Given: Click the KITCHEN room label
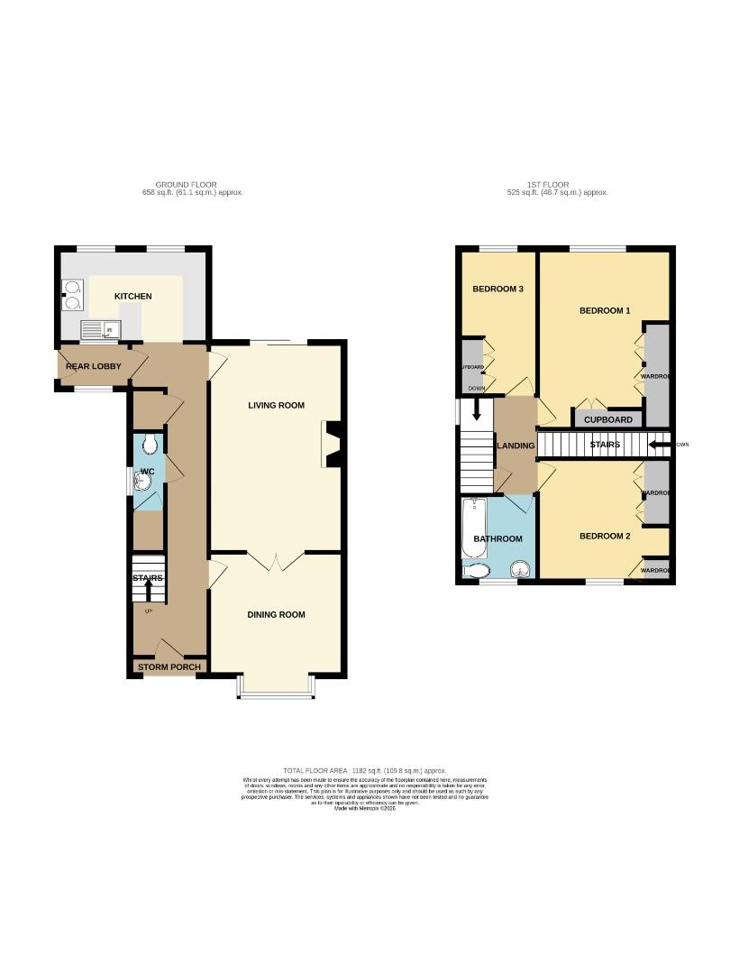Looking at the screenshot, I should coord(132,297).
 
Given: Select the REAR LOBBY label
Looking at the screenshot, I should coord(93,367).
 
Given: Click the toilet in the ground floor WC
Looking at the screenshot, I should coord(151,444).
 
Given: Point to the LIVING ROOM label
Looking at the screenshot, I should coord(276,406).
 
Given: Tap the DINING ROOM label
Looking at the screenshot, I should coord(276,615).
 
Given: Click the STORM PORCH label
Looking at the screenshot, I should coord(168,667).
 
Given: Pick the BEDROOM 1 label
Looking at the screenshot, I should coord(604,311).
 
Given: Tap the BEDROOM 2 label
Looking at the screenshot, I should coord(604,537).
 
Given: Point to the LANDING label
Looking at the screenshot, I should coord(516,446).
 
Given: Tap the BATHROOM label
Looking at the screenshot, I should coord(497,539).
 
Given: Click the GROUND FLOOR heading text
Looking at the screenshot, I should coord(186,184).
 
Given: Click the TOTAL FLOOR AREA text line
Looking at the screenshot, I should coord(365,771).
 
